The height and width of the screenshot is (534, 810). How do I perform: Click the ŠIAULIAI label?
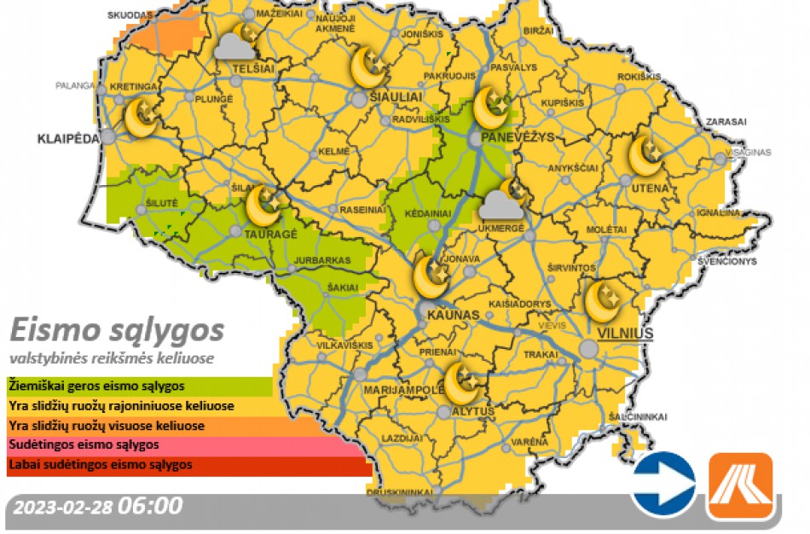click(x=396, y=98)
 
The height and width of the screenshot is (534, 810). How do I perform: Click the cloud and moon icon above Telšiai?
click(x=239, y=43)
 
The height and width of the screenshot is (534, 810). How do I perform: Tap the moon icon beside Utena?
click(x=645, y=154)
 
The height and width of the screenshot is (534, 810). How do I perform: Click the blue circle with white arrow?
click(x=663, y=485)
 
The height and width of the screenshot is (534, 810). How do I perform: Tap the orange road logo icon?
click(x=740, y=485)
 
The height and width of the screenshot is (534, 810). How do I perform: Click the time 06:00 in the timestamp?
click(x=150, y=506)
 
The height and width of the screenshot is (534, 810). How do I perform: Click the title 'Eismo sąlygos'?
click(x=117, y=329)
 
